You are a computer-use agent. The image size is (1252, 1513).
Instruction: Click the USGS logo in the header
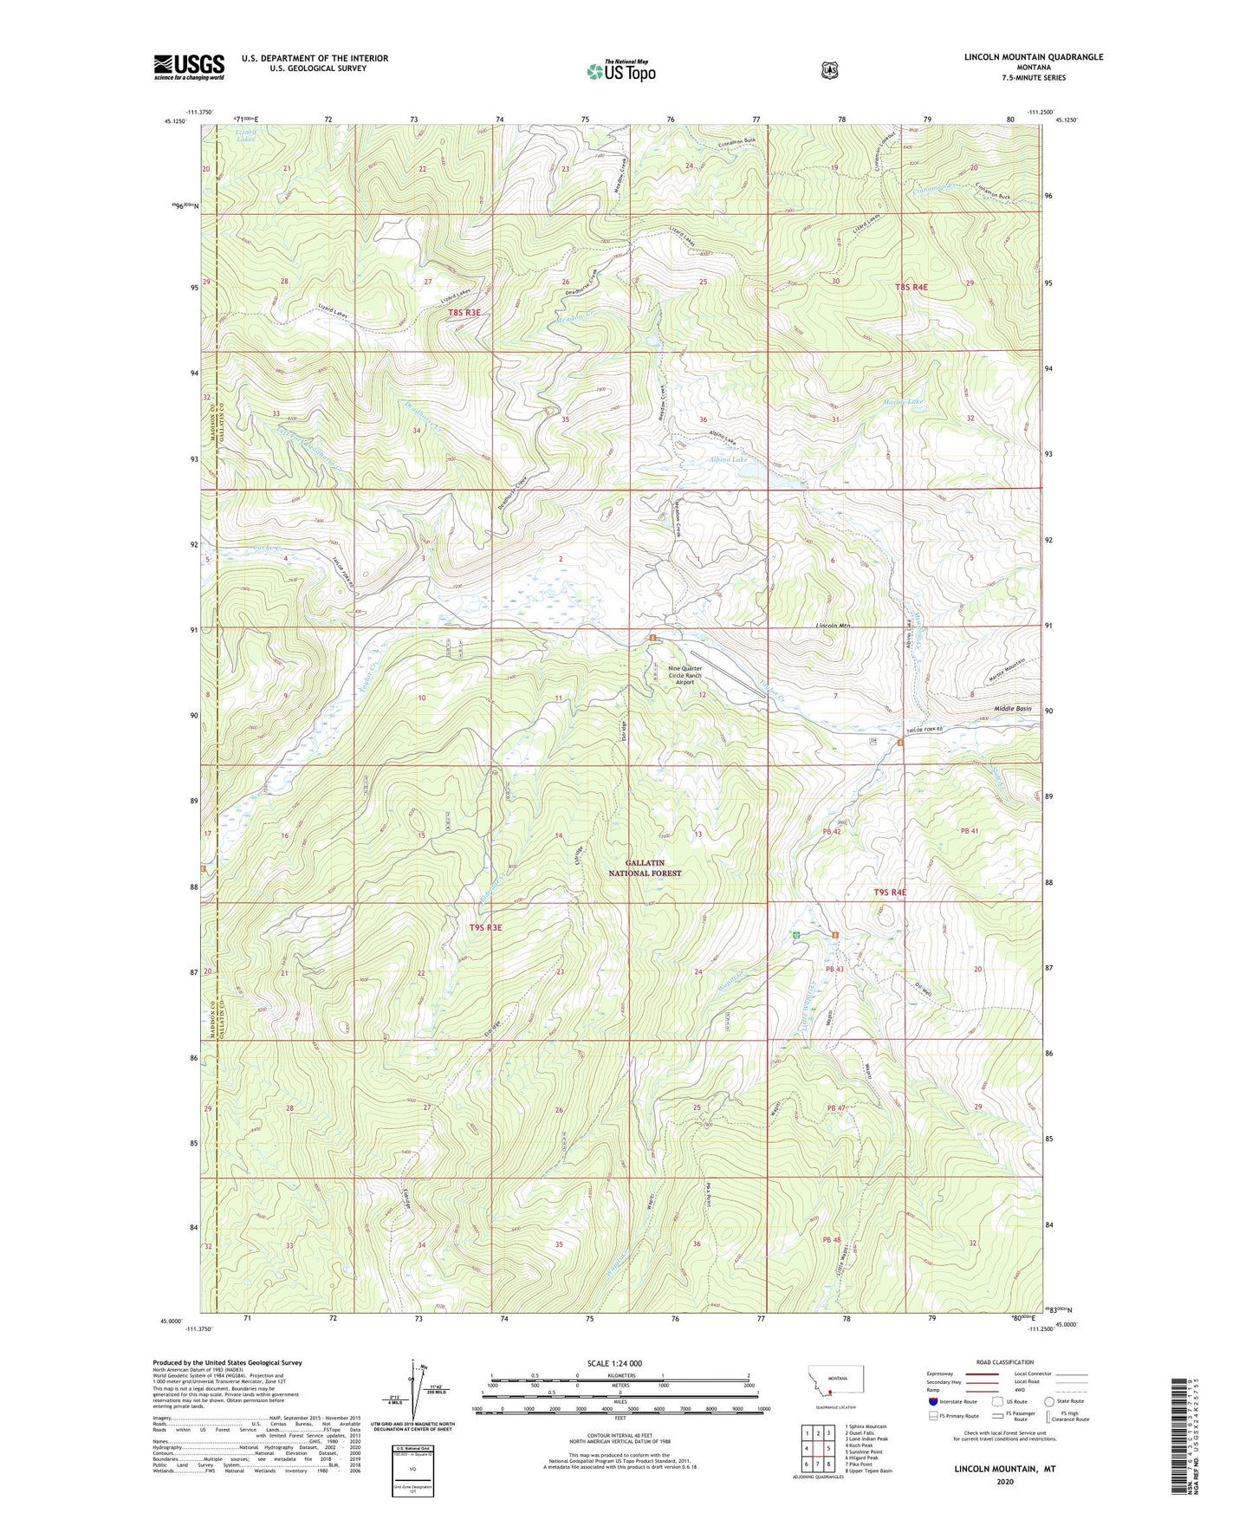click(189, 67)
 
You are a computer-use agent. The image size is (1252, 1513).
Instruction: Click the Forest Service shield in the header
click(829, 69)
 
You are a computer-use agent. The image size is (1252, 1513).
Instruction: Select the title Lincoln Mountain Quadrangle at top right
click(1034, 57)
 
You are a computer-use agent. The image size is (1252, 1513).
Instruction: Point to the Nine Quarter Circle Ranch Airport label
click(684, 675)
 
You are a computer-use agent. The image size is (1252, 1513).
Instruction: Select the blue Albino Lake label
click(728, 459)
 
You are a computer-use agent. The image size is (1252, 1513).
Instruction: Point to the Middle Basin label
click(1012, 709)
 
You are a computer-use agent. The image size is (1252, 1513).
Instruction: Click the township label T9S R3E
click(485, 927)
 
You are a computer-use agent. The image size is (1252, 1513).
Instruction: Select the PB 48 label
click(833, 1240)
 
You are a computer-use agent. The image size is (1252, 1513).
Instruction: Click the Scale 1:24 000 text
click(614, 1363)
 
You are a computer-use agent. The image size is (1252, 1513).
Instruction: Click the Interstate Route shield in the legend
click(932, 1401)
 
